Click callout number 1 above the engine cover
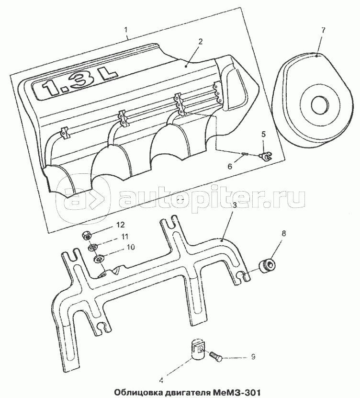(x=126, y=30)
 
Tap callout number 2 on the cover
(x=201, y=42)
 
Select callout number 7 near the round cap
(x=323, y=30)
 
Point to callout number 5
(x=264, y=134)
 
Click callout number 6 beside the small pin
(x=230, y=167)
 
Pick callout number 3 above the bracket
(x=235, y=205)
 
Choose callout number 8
(x=283, y=233)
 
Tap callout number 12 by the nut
(x=121, y=225)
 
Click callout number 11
(x=124, y=237)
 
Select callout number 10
(x=131, y=247)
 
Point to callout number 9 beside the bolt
(x=253, y=357)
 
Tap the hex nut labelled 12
(x=87, y=236)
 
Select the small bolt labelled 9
(x=215, y=356)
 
